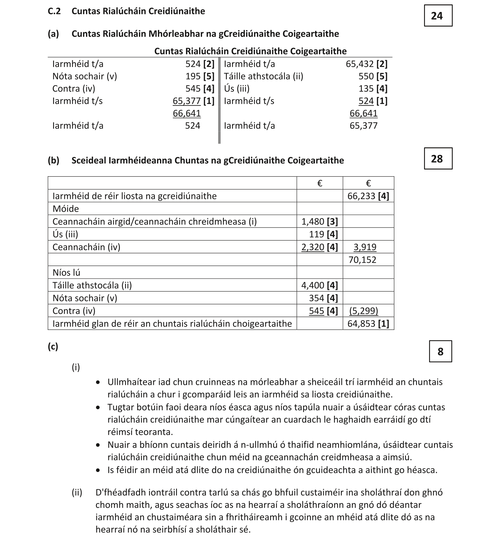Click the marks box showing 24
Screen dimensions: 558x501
click(x=438, y=16)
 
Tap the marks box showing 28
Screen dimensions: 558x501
click(x=438, y=159)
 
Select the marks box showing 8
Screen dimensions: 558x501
click(x=440, y=352)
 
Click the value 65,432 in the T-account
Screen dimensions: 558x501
click(x=360, y=64)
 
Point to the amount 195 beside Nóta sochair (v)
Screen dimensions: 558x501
click(x=193, y=76)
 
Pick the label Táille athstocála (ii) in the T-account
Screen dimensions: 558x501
click(x=263, y=76)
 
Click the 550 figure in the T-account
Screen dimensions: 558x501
click(x=366, y=76)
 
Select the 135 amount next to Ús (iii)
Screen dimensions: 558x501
click(x=366, y=89)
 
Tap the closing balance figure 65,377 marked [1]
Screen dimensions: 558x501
click(x=187, y=101)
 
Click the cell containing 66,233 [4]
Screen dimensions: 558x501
click(x=368, y=196)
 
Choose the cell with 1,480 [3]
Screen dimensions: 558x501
click(x=319, y=221)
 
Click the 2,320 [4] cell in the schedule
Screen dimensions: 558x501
click(x=319, y=247)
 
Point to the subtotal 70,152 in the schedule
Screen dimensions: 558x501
click(x=362, y=260)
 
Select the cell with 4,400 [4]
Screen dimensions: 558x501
click(x=319, y=285)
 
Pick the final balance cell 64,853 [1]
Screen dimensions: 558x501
click(x=368, y=324)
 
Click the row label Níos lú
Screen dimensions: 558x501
click(x=66, y=273)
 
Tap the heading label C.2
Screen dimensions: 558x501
click(x=54, y=11)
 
